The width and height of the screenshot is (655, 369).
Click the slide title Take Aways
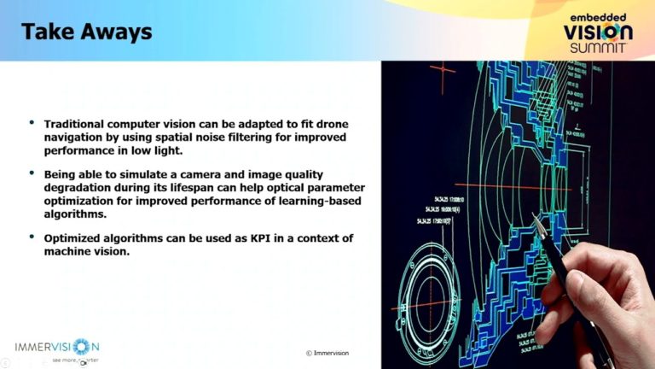[86, 32]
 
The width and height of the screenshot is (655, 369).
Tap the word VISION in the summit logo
[598, 32]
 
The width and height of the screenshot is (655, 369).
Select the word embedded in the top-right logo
[598, 16]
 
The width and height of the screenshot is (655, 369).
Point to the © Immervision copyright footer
[327, 353]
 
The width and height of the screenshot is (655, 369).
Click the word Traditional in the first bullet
[75, 125]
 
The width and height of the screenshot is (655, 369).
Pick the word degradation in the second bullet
[79, 186]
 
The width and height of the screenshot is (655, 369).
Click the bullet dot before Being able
[32, 173]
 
